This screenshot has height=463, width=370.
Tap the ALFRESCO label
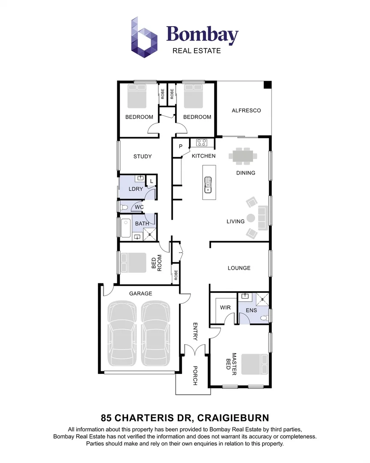pos(246,110)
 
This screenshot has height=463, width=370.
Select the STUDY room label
pos(143,156)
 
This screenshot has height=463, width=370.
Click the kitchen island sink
pos(208,185)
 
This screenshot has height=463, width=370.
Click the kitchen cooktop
pos(202,143)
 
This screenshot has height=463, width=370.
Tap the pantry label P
pos(181,146)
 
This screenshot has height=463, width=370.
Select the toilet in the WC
pos(124,207)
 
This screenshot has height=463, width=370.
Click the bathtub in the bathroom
pos(126,228)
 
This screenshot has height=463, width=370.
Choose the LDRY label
pos(136,189)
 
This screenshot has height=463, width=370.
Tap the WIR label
pos(225,308)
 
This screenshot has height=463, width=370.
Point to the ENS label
pos(251,310)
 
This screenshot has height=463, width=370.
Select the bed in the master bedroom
pos(255,364)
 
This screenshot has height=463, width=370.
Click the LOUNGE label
pos(239,268)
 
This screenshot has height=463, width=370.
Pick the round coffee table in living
pos(251,218)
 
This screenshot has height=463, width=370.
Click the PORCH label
pos(195,376)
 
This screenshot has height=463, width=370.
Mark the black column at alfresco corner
pos(267,85)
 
